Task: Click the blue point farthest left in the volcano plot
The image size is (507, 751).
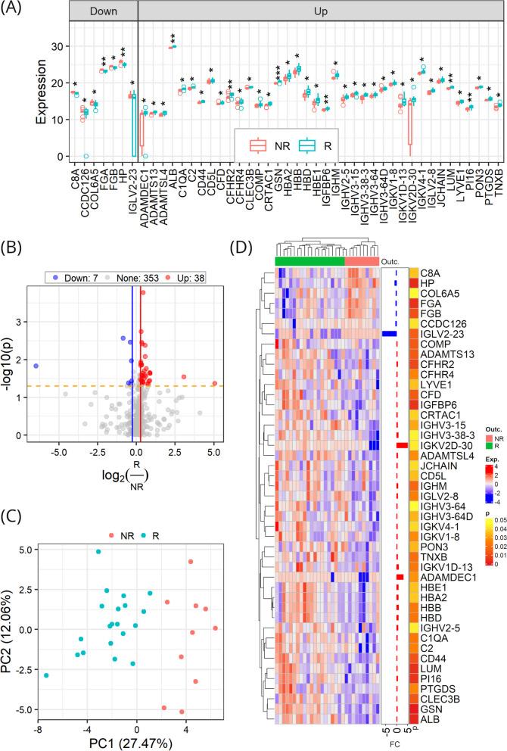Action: click(x=36, y=366)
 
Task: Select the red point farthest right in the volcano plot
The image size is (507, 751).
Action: click(x=214, y=384)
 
